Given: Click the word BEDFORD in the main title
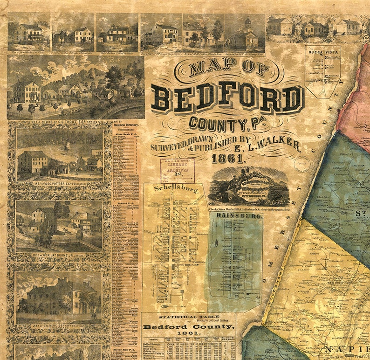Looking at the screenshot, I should (227, 99).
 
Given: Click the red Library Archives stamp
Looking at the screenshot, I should (177, 171).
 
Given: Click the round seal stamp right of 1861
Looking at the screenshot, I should (302, 163).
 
